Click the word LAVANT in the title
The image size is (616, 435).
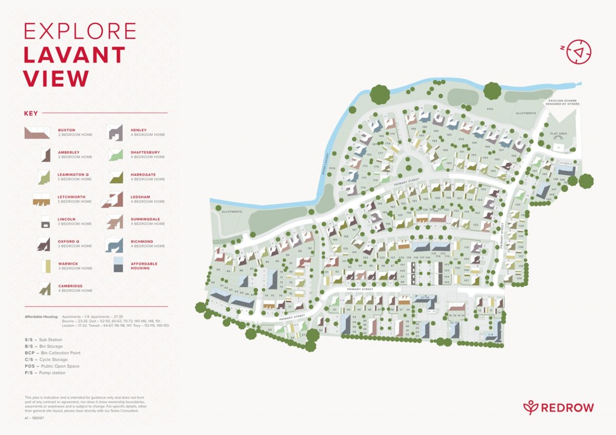tap(74, 55)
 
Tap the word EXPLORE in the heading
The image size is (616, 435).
tap(80, 31)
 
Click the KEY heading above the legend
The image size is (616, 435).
tap(31, 113)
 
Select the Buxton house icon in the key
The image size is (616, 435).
tap(37, 132)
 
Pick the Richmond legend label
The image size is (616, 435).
tap(142, 241)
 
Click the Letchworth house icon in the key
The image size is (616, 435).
tap(41, 199)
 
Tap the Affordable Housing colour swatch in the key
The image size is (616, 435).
tap(118, 264)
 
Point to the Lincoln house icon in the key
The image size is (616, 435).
tap(45, 221)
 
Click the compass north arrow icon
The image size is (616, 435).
tap(579, 52)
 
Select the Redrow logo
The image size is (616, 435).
tap(558, 407)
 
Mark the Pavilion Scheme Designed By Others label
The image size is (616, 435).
tap(561, 102)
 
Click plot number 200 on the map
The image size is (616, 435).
tap(461, 140)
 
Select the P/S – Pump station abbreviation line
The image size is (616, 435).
tap(45, 372)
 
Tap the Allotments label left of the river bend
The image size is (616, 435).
tap(232, 212)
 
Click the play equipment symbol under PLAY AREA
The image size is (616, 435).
tap(559, 146)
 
